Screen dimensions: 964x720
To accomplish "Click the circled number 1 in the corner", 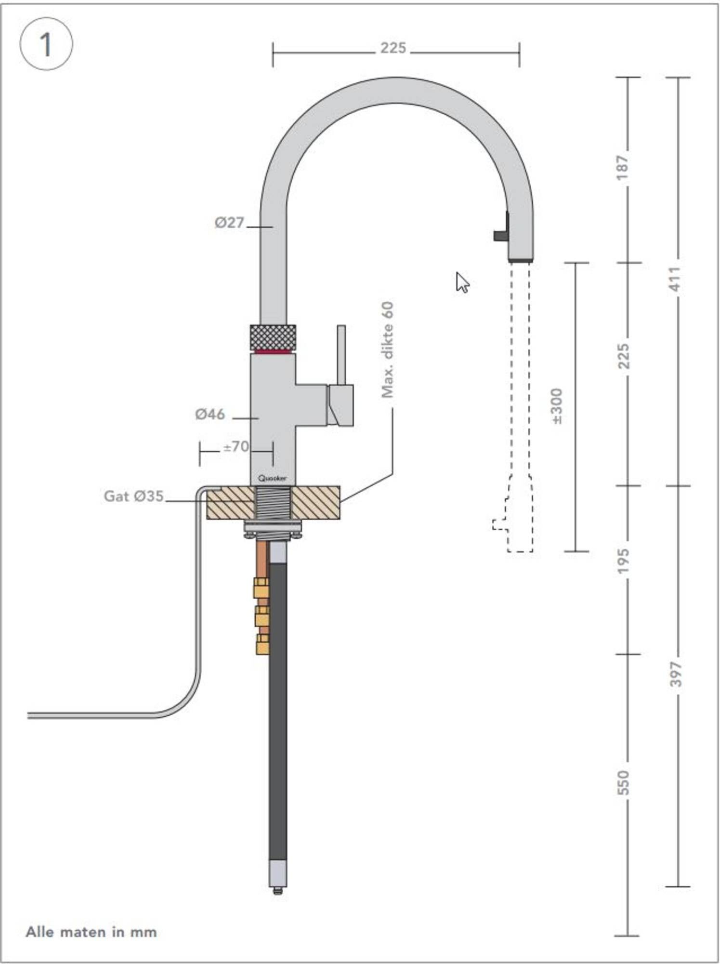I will (46, 44).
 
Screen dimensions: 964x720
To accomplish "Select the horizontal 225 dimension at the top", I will (393, 48).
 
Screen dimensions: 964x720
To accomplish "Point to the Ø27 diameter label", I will (229, 223).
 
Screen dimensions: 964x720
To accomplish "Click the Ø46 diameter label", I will (210, 414).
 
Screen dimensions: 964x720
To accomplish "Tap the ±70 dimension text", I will (236, 447).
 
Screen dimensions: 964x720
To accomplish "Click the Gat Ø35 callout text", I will (133, 496).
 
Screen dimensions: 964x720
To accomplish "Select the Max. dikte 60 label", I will (387, 350).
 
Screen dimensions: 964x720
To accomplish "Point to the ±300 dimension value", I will (556, 406).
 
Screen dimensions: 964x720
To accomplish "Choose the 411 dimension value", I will (675, 279).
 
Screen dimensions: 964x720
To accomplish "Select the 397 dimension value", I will (676, 674).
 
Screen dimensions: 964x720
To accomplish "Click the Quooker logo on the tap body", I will (272, 478).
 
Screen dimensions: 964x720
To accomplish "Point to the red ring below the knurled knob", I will (273, 352).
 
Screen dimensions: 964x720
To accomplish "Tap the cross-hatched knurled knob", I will (273, 337).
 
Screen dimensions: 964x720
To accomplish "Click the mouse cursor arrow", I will (461, 281).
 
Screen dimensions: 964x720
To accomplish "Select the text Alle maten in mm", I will (91, 932).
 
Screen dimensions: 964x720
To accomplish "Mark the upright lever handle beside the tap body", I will (341, 355).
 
